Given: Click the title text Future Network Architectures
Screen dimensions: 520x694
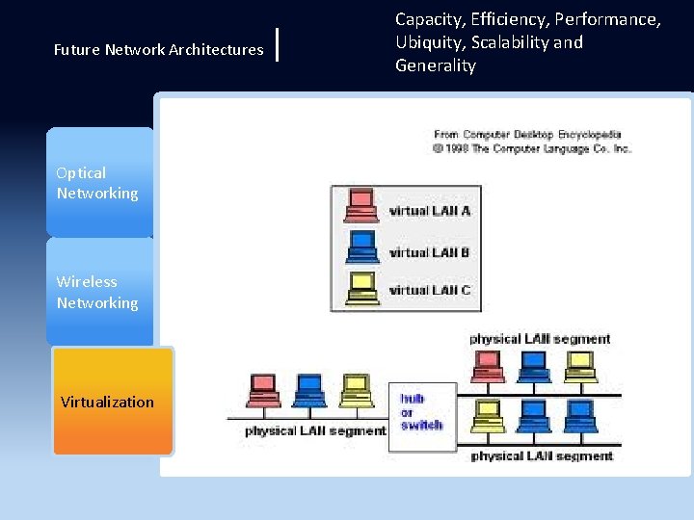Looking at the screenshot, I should coord(159,49).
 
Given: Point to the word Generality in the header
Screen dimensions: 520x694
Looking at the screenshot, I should coord(436,65).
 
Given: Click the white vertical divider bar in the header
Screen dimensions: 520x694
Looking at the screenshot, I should coord(278,44).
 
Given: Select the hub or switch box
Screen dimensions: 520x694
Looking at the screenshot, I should coord(421,411).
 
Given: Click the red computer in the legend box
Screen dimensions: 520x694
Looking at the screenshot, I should coord(360,205).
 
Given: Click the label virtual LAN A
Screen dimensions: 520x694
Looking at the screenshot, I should coord(430,211).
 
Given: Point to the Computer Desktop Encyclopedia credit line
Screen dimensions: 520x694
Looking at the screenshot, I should coord(528,135).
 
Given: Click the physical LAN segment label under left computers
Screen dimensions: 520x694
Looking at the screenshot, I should coord(314,430).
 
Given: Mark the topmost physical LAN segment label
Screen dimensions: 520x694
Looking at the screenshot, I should coord(540,339).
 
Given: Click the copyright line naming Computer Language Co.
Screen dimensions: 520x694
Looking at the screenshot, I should coord(532,148).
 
